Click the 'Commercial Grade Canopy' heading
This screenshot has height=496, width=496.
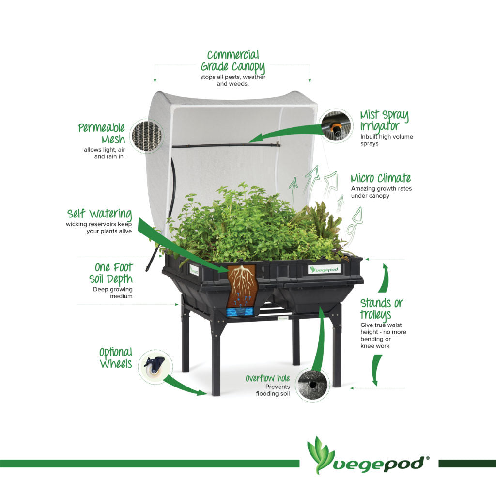(x=233, y=62)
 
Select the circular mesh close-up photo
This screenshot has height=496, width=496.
(x=146, y=136)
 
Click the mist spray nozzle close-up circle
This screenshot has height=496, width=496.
(x=336, y=125)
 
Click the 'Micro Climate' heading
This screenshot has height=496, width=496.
(x=381, y=178)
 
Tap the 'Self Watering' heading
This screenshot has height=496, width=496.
(x=99, y=214)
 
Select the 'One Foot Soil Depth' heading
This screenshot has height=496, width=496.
(x=111, y=273)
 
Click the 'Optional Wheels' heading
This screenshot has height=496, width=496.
(x=116, y=358)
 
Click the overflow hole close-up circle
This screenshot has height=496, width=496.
(x=312, y=385)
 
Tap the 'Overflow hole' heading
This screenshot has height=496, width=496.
(x=267, y=378)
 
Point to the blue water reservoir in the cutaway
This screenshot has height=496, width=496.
(x=240, y=312)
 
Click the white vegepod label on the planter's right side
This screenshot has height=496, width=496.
(x=325, y=269)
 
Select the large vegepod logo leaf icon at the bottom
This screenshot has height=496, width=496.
(x=320, y=455)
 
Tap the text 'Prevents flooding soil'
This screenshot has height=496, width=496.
(x=273, y=390)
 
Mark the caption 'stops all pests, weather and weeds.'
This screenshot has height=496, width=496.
(x=233, y=80)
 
